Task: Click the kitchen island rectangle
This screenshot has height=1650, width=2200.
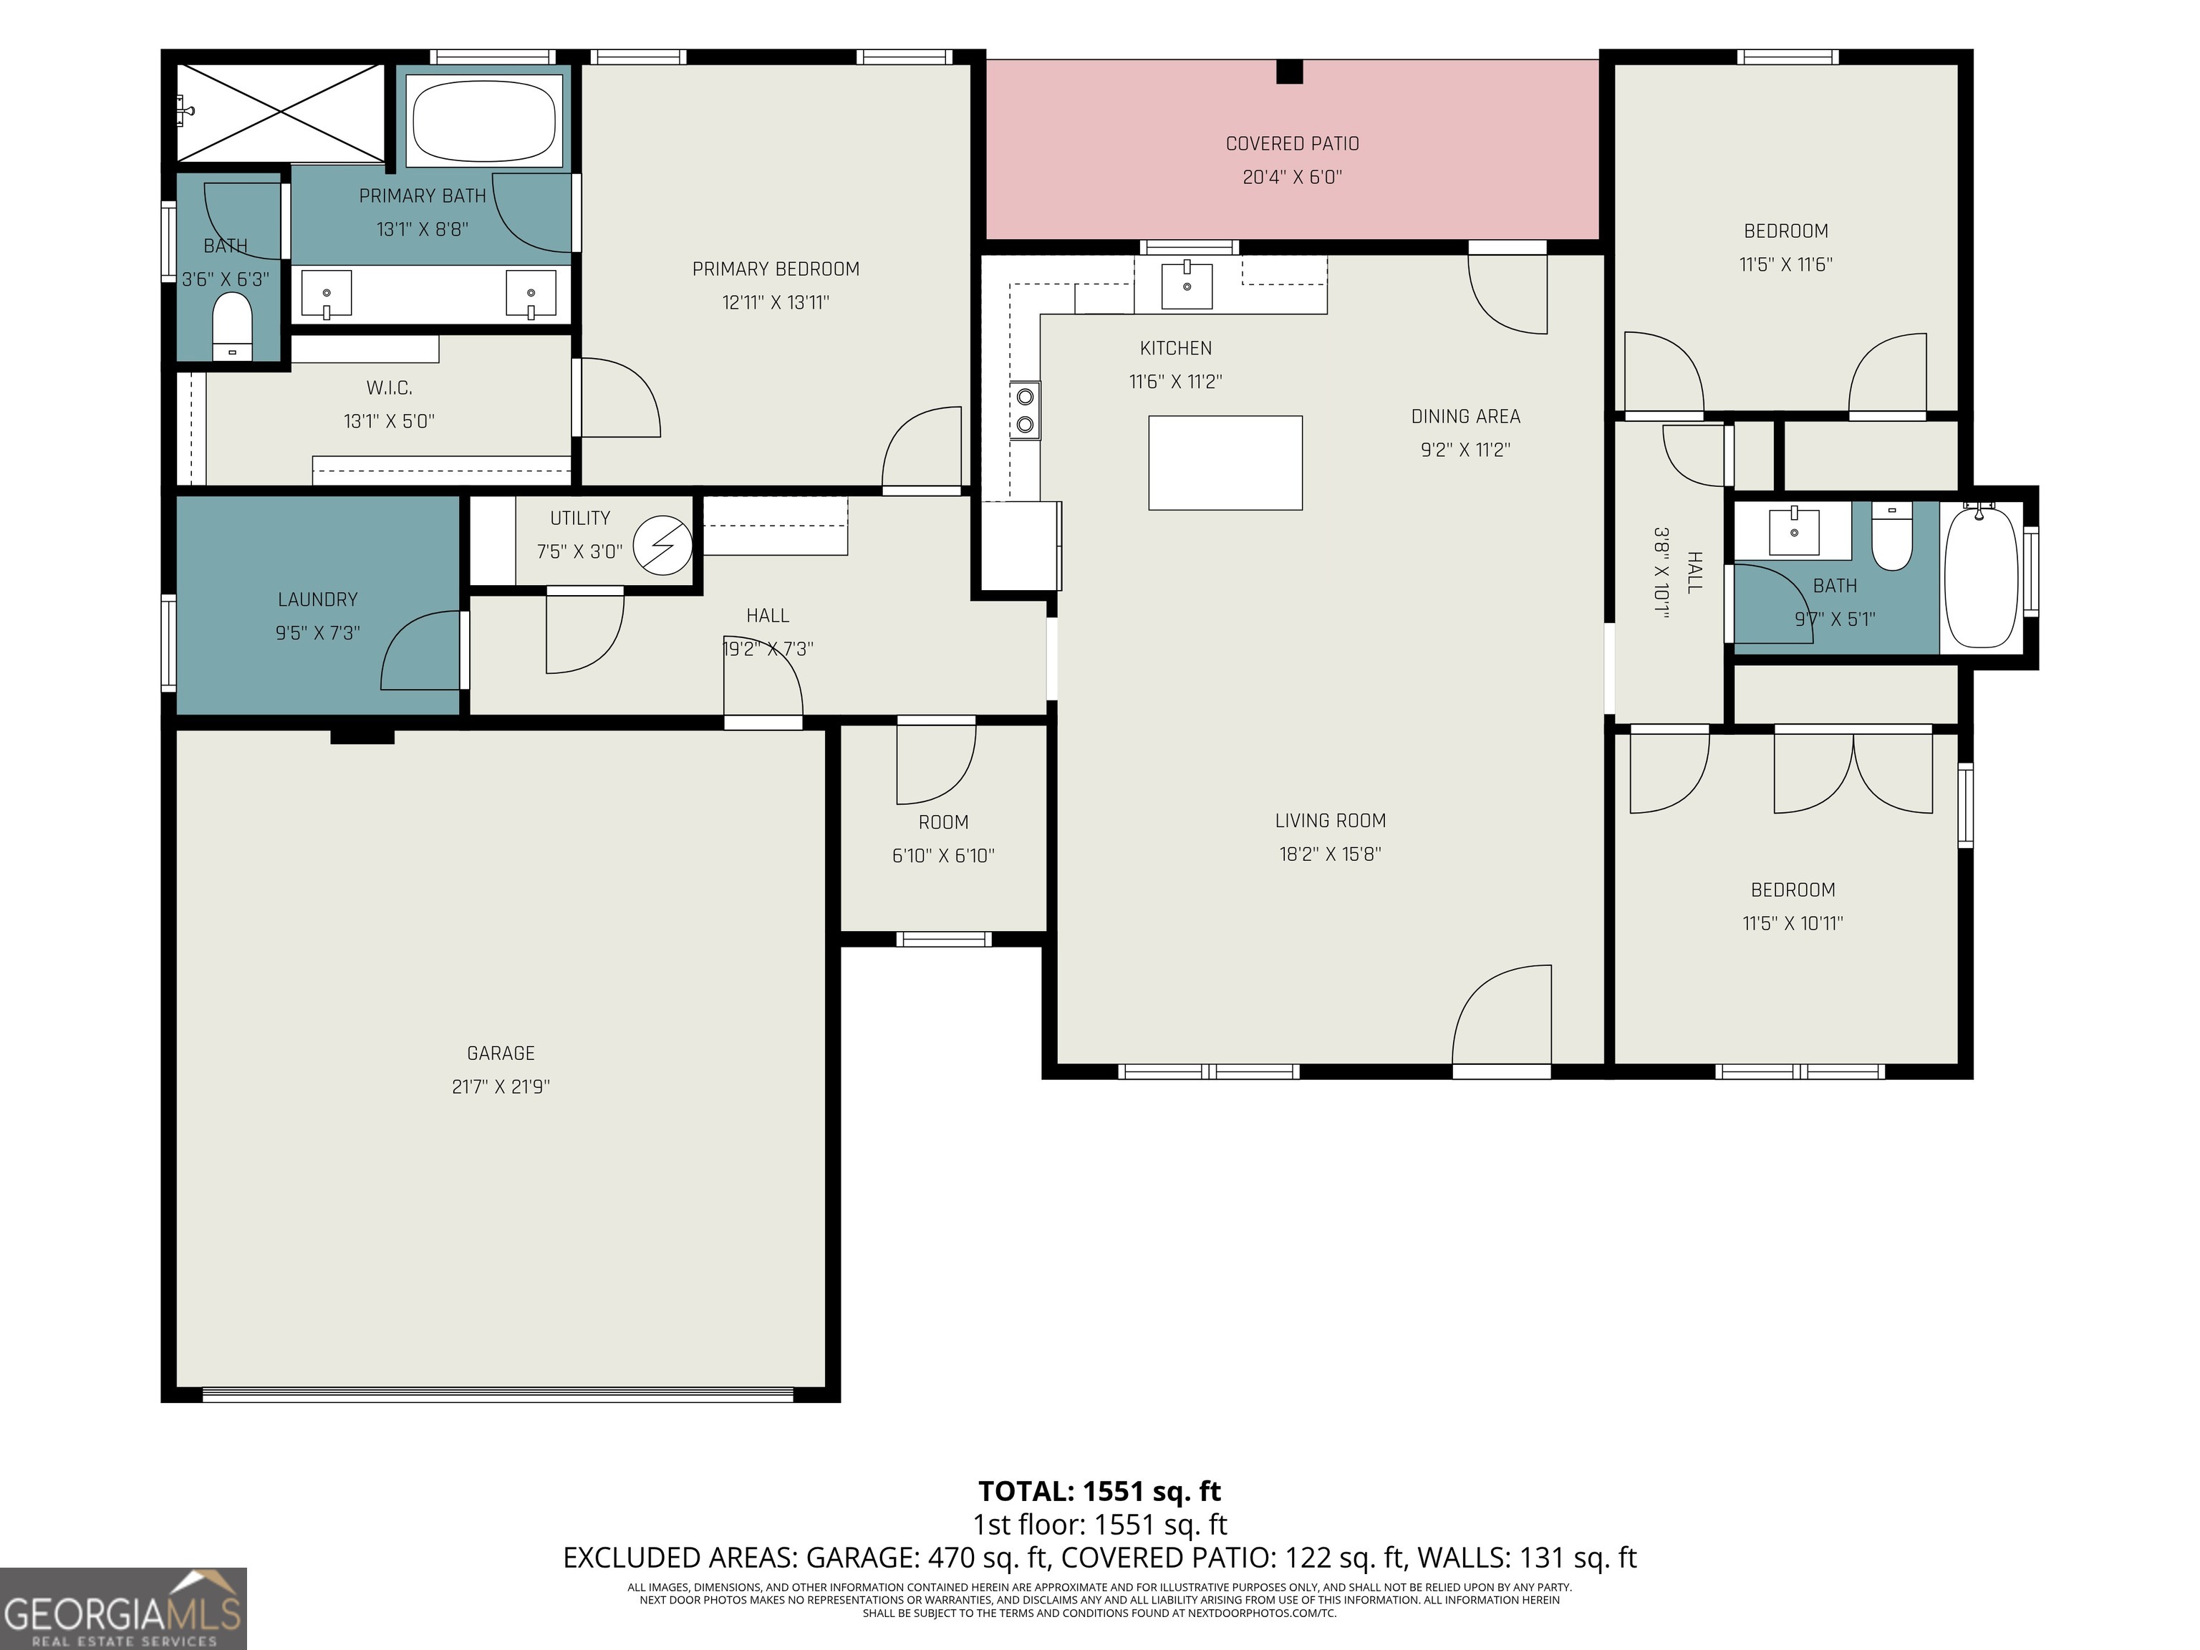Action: [1225, 463]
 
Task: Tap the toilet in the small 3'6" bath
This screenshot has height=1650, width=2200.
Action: [233, 327]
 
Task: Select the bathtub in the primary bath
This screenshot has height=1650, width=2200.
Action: [486, 120]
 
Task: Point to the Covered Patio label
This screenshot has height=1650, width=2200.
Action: [1292, 144]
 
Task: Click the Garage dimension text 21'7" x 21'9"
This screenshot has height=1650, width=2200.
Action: [501, 1087]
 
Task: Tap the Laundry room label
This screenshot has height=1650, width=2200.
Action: [317, 599]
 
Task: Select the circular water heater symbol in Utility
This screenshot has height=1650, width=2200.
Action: [663, 545]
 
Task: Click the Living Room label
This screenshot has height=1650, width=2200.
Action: [1330, 821]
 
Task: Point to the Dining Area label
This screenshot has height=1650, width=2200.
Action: [1465, 417]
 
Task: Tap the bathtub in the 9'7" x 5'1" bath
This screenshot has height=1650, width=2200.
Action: [1981, 576]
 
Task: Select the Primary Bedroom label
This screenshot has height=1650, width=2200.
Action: [776, 269]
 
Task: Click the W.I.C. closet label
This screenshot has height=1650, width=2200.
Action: [389, 388]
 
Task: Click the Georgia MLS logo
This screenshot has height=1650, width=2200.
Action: [123, 1608]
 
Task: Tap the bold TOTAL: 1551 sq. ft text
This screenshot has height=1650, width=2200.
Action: [1099, 1492]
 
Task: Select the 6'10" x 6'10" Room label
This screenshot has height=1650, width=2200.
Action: [943, 823]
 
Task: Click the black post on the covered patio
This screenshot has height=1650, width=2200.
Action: [1289, 72]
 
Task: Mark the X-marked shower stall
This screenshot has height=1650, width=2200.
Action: [279, 112]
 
